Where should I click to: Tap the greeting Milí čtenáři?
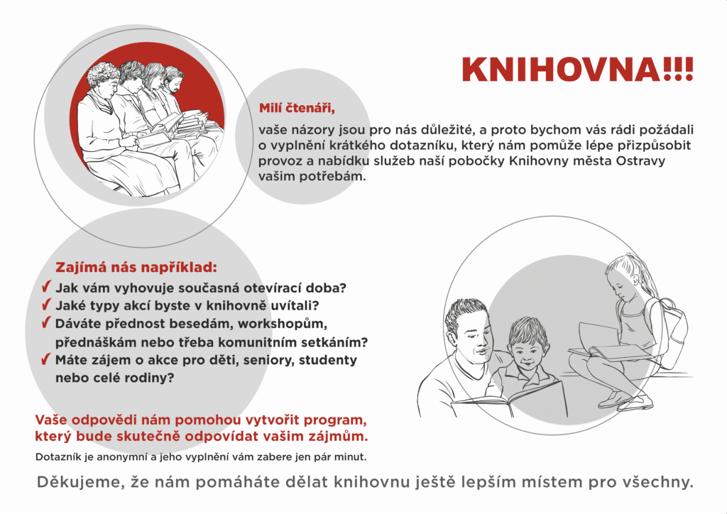coord(296,109)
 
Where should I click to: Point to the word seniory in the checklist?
coord(268,361)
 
